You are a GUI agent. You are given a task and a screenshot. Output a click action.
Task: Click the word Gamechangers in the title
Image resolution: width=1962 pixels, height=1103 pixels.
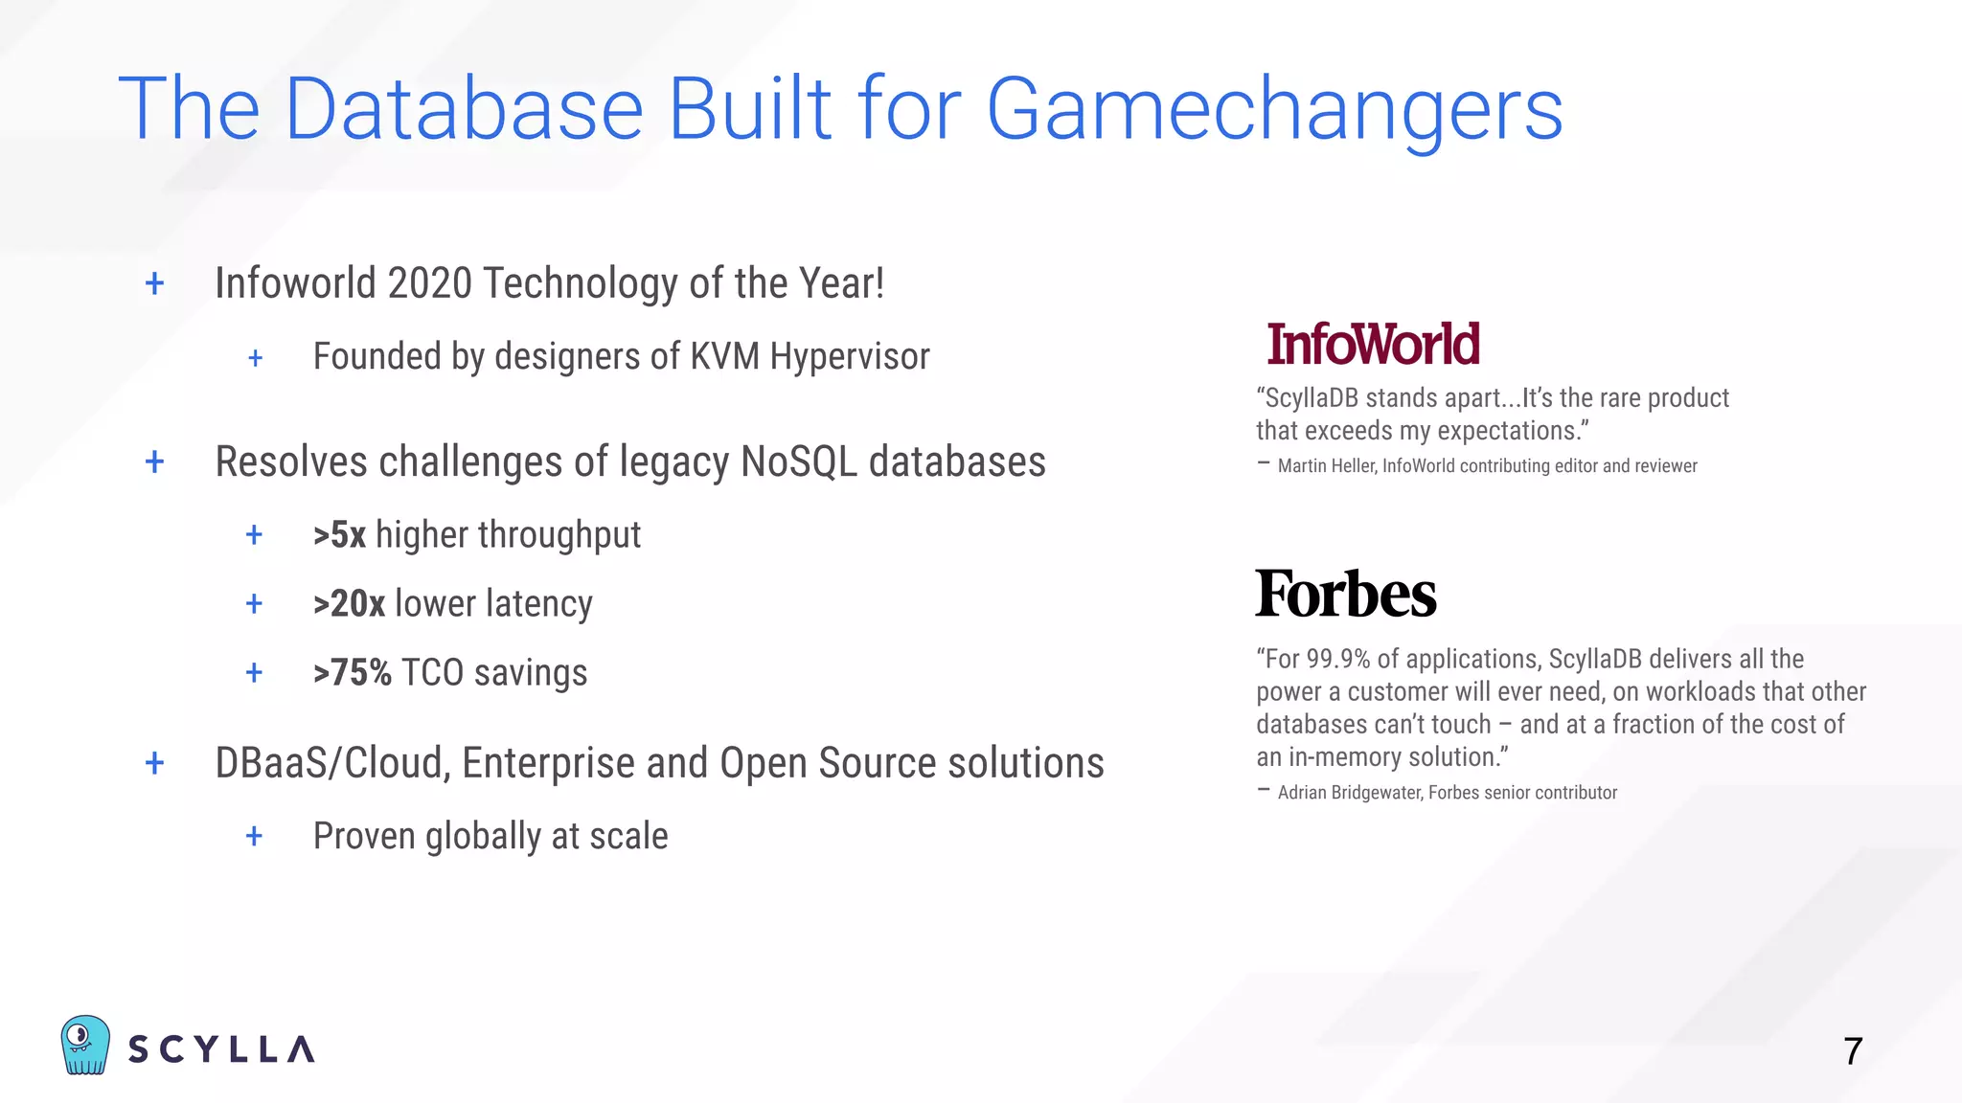[1274, 110]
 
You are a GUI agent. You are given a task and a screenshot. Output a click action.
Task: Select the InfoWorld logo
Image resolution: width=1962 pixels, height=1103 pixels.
[1373, 345]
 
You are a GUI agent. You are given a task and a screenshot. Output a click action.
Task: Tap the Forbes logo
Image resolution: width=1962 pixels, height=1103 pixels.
[1345, 594]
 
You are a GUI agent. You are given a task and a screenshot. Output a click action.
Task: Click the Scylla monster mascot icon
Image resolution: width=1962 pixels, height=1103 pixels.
[85, 1045]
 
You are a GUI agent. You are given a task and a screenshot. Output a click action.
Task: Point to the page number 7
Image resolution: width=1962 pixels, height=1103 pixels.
[1853, 1051]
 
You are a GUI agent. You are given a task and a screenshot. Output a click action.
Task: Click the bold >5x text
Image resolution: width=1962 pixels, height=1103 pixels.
[340, 535]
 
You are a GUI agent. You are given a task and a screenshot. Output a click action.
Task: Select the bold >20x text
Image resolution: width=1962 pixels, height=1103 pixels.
[349, 604]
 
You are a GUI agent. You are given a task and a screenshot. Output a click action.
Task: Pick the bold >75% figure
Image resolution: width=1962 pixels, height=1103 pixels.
[353, 673]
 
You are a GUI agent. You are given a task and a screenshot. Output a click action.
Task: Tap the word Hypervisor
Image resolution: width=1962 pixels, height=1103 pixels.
[850, 357]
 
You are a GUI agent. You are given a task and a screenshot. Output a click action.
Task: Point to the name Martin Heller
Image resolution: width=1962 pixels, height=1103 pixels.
[1326, 466]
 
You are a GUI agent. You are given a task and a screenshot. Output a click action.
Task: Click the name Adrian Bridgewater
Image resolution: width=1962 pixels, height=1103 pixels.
[1350, 793]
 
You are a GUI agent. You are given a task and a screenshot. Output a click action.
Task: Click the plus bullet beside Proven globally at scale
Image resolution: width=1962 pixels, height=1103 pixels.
[254, 836]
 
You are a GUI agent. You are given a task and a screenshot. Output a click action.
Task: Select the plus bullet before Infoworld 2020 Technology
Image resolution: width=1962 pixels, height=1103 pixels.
[154, 283]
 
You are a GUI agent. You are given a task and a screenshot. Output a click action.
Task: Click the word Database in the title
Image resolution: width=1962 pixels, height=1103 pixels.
[464, 110]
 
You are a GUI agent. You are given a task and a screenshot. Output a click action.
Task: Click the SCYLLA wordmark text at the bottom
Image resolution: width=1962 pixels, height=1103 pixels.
[221, 1049]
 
